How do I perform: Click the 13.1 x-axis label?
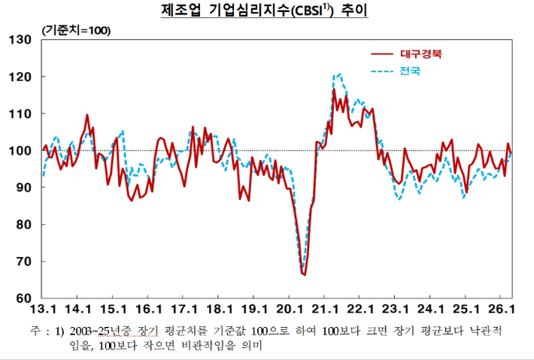click(x=43, y=309)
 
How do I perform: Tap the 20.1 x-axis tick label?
click(x=290, y=309)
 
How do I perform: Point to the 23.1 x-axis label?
click(x=396, y=309)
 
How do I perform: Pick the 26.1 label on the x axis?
click(x=501, y=309)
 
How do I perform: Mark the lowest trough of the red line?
click(x=305, y=275)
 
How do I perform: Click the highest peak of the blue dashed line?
click(x=340, y=74)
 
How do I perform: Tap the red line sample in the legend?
click(x=383, y=53)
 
